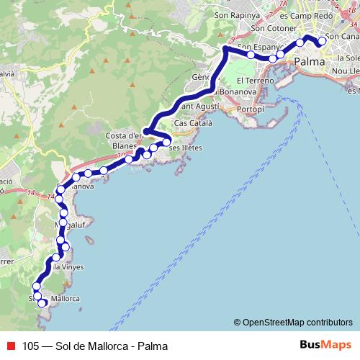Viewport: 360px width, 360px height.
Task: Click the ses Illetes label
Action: click(185, 148)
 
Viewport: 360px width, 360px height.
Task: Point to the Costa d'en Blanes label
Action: click(125, 140)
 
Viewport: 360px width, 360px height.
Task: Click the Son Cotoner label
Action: click(271, 27)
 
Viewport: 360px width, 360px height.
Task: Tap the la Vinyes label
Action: click(70, 267)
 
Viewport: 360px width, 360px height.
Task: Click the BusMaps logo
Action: click(325, 345)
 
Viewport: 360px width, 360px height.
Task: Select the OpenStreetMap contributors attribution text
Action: click(297, 322)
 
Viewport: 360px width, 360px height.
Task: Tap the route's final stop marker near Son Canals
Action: click(323, 42)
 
